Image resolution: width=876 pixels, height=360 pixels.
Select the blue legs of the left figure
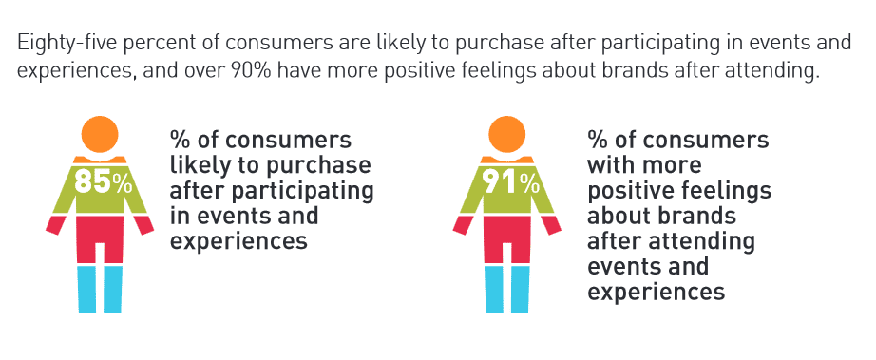tap(101, 289)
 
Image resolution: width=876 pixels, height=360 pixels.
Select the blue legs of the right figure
tap(508, 289)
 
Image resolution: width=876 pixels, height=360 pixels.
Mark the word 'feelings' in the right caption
tap(724, 190)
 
